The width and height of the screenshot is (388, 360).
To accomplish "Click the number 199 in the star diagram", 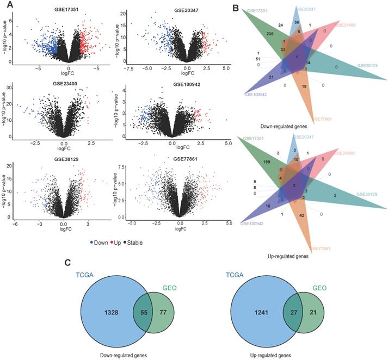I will (267, 162).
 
